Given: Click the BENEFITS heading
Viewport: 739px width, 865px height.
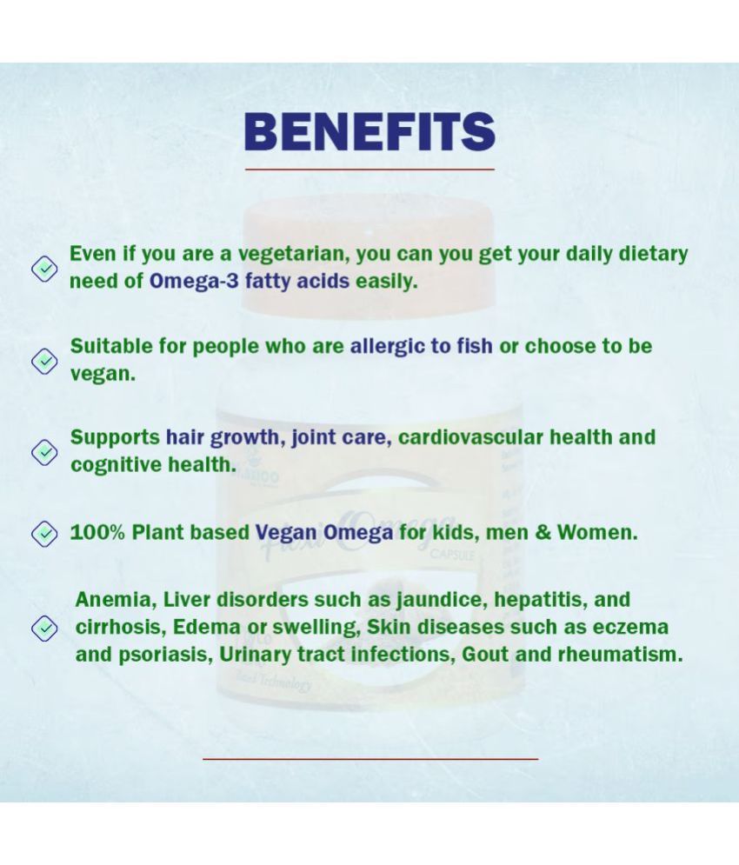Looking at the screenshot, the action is point(369,131).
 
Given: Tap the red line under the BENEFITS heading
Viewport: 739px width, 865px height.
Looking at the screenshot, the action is point(369,170).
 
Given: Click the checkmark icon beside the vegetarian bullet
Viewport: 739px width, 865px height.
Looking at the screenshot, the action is point(44,269).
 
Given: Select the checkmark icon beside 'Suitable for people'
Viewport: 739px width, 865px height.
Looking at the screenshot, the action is point(44,361).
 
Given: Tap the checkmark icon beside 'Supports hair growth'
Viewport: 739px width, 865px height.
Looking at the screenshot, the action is point(44,452).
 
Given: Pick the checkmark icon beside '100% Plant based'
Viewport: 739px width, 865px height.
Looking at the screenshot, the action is point(44,534).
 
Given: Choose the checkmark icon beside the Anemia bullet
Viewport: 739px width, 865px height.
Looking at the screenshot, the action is point(44,629).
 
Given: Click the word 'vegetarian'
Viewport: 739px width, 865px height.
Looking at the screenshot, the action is point(294,255).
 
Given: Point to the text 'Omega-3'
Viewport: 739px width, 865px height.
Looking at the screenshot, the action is point(194,282).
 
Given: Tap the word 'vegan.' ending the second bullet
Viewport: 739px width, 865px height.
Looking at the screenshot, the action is point(103,375).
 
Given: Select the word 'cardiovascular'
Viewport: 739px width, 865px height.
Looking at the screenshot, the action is point(470,437).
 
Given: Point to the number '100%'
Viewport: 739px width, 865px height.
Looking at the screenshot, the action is point(97,533).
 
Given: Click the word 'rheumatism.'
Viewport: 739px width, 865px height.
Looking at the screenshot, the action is point(621,655).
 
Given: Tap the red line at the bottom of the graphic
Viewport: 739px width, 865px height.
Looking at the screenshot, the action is point(370,759).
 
